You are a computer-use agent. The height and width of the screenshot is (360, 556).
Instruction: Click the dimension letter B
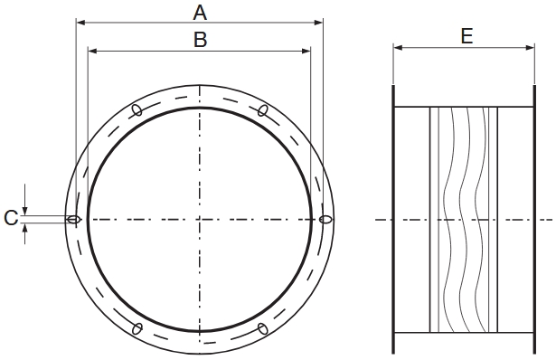(x=200, y=39)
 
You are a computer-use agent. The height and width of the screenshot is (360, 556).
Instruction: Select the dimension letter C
(x=10, y=218)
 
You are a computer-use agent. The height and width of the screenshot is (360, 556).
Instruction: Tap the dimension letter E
(x=466, y=35)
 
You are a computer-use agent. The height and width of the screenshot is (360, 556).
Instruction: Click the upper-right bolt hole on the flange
(x=262, y=110)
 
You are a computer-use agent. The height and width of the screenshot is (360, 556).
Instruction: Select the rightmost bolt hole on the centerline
(x=325, y=219)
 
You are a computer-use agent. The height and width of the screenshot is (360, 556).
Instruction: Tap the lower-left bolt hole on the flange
(x=137, y=327)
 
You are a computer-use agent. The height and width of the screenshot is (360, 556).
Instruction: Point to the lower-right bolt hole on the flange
(x=262, y=327)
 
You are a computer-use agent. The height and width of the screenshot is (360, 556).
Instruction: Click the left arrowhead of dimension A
(x=80, y=22)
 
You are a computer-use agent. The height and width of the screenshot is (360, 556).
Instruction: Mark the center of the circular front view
(x=200, y=219)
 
